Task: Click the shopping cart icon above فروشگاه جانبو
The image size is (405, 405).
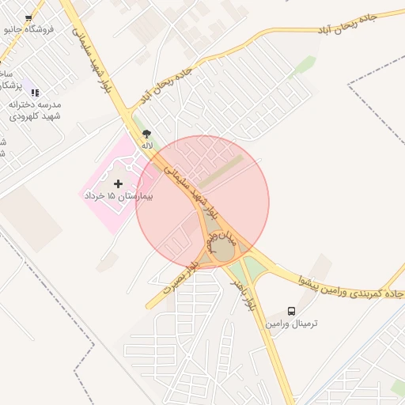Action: [29, 17]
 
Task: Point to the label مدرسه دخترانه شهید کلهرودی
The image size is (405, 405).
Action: [36, 110]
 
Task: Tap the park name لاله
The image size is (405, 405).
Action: [146, 146]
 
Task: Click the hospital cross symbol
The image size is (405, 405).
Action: [119, 184]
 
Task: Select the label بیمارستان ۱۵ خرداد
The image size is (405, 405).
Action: [119, 195]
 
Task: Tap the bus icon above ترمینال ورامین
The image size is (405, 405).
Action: [292, 311]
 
